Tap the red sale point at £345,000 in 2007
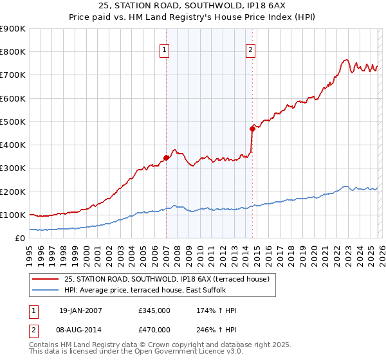[166, 157]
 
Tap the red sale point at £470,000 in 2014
[252, 129]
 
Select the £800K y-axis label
[13, 52]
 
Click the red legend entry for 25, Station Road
[170, 279]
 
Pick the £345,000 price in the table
[154, 310]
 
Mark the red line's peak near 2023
[345, 60]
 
